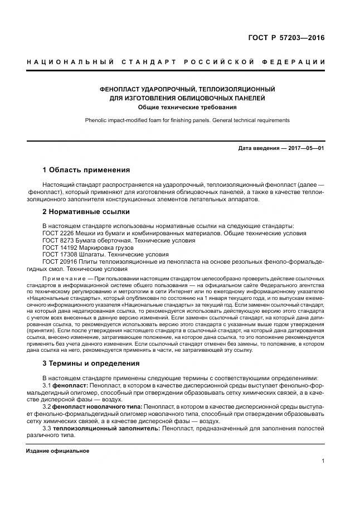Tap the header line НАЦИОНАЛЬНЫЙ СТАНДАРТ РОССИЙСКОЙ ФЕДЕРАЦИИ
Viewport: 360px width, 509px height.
[x=176, y=61]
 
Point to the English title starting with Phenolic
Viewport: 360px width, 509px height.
[x=187, y=120]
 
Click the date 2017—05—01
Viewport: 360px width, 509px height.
[x=305, y=148]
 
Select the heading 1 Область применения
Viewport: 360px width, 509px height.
[x=86, y=169]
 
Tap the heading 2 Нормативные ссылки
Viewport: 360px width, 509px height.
[x=86, y=212]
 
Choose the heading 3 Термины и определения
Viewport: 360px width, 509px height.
[x=91, y=364]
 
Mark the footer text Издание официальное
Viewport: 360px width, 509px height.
[x=57, y=450]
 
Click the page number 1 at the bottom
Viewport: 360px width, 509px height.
[x=323, y=460]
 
